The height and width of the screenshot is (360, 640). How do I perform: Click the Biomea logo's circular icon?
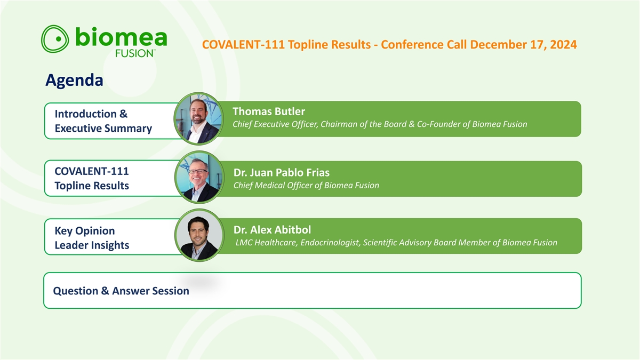pos(55,39)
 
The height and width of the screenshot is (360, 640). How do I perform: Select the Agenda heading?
pos(74,81)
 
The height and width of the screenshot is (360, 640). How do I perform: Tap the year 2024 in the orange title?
pos(563,45)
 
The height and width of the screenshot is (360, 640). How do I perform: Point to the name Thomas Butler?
pos(269,111)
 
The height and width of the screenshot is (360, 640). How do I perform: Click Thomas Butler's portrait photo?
pos(199,118)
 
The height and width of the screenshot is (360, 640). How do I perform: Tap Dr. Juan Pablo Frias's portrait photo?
pos(199,178)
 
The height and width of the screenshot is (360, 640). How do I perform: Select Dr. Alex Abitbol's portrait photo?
pos(199,235)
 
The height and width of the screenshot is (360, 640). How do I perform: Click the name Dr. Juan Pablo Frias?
pos(282,173)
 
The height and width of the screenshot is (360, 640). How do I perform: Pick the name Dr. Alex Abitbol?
pos(273,230)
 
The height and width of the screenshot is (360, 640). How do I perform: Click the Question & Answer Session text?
pos(121,291)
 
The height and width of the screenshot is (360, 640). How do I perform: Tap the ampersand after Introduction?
pos(123,114)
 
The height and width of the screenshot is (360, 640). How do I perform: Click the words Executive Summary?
pos(103,129)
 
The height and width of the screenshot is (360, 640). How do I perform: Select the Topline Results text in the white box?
pos(92,186)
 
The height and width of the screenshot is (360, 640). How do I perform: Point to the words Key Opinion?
pos(85,231)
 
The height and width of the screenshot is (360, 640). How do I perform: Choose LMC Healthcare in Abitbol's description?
pos(267,243)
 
